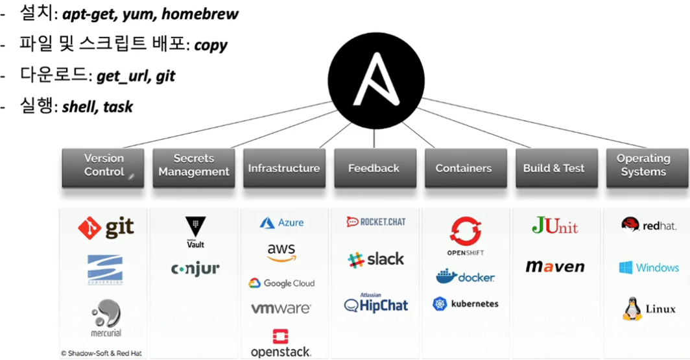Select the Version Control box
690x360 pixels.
click(x=104, y=166)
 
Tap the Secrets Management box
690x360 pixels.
click(x=194, y=166)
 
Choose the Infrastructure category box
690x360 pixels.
click(x=283, y=168)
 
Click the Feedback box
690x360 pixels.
click(x=374, y=168)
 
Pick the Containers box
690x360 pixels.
click(x=464, y=168)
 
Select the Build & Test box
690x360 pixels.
click(x=554, y=168)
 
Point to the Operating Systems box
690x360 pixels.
click(x=643, y=166)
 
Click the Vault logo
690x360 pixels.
click(x=194, y=232)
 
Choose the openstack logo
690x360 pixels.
click(x=281, y=344)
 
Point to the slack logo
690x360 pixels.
click(x=375, y=259)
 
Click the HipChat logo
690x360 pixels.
click(x=376, y=304)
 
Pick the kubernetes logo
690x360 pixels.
click(x=466, y=304)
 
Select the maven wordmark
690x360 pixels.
click(x=554, y=267)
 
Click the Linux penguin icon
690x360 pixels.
click(x=630, y=309)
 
